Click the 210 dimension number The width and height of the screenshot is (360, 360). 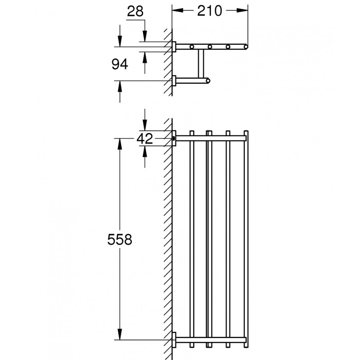tap(210, 11)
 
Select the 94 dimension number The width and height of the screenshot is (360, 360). tap(120, 64)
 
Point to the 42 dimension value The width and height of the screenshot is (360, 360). tap(145, 138)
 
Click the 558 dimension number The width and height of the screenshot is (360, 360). tap(120, 239)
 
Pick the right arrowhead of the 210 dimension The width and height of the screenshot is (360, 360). tap(242, 11)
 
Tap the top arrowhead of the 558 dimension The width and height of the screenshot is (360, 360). tap(120, 144)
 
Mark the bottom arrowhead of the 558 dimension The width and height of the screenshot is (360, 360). tap(120, 334)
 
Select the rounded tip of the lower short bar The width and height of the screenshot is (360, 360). tap(208, 81)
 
